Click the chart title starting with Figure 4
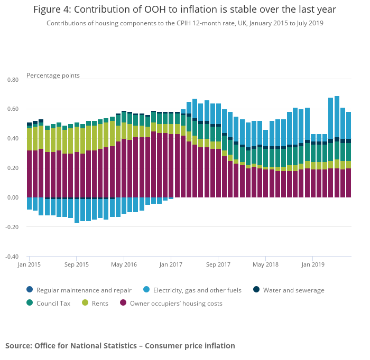184,10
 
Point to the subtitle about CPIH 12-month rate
184,23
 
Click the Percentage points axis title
53,75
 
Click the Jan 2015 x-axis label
29,264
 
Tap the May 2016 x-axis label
124,264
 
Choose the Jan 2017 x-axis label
171,264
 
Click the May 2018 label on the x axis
265,264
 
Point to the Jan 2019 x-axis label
312,264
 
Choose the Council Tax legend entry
53,304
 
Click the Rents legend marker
85,304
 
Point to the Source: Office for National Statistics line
120,346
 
